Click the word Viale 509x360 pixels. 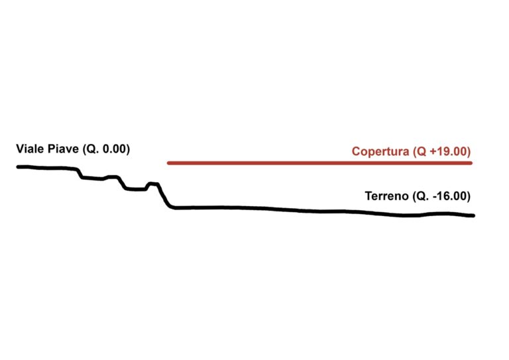click(30, 149)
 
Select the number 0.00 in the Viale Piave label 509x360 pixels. click(114, 149)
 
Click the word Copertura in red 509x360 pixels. click(380, 152)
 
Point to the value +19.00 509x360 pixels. click(449, 151)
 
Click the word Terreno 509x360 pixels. click(386, 196)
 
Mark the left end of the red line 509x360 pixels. click(168, 163)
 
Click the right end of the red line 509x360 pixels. click(471, 163)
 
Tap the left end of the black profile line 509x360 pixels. click(18, 167)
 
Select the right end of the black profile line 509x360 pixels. click(473, 215)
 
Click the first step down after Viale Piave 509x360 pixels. click(80, 173)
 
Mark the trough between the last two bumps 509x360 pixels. click(136, 189)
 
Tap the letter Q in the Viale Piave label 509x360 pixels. click(90, 149)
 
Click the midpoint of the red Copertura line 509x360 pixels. click(319, 163)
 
